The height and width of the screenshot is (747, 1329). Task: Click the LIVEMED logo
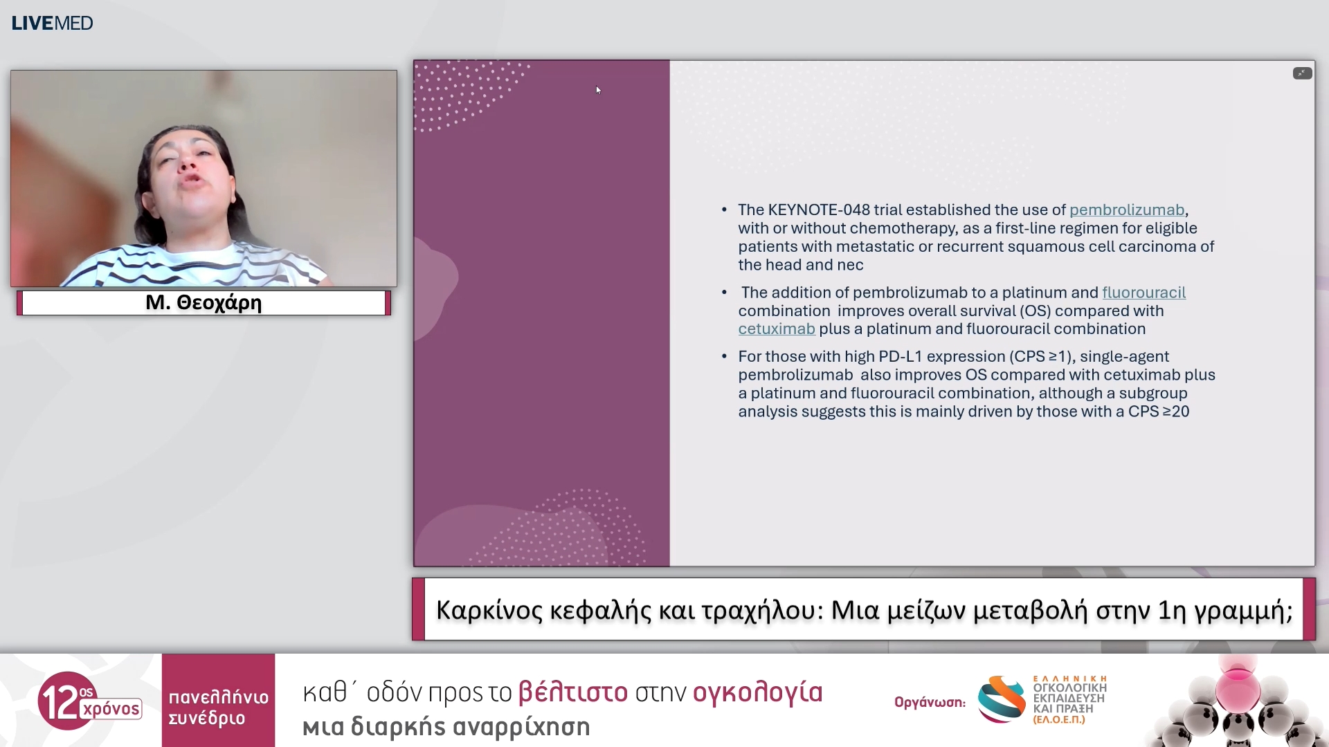click(x=52, y=23)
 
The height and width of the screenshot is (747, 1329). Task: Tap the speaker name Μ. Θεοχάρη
click(x=204, y=303)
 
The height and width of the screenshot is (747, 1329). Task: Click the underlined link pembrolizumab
click(x=1126, y=210)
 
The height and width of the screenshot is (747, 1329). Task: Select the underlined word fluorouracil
click(x=1143, y=293)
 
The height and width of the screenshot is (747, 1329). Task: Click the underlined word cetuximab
click(x=776, y=329)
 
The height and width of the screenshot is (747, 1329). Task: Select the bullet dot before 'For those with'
click(x=724, y=356)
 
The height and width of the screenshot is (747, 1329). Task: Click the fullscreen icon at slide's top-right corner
click(x=1301, y=73)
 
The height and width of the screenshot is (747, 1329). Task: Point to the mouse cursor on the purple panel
click(x=598, y=89)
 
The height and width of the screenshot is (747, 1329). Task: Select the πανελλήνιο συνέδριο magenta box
click(x=218, y=700)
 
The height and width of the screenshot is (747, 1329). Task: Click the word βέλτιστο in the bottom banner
click(x=572, y=692)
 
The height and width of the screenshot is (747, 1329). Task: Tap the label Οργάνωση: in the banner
click(x=929, y=702)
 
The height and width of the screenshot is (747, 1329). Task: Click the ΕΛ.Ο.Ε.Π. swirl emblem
click(x=1001, y=699)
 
